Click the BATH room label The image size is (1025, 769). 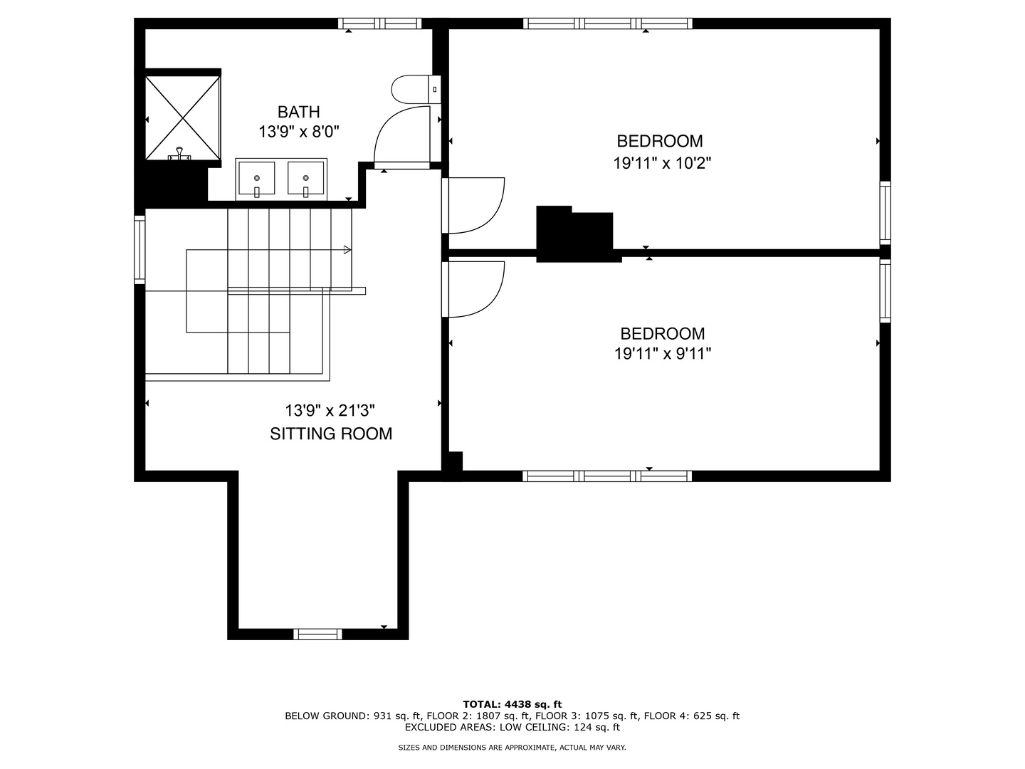(x=298, y=112)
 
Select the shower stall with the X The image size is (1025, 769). (x=182, y=117)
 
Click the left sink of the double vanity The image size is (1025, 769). (x=256, y=178)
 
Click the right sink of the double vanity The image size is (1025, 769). (x=306, y=178)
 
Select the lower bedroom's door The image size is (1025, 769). (x=473, y=288)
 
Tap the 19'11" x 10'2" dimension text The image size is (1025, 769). (x=662, y=163)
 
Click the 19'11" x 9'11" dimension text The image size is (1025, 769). (x=663, y=353)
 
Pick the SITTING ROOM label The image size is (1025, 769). (x=331, y=434)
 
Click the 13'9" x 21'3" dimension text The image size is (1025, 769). (x=330, y=411)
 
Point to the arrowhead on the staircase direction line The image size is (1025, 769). (x=347, y=250)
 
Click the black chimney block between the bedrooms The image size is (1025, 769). (x=575, y=234)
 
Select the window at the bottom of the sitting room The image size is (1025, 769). (x=317, y=634)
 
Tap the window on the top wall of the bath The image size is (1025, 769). (x=379, y=23)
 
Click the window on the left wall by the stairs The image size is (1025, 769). (x=140, y=250)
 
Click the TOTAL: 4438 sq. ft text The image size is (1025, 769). (x=512, y=704)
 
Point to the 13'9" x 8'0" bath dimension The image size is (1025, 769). (x=298, y=132)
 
